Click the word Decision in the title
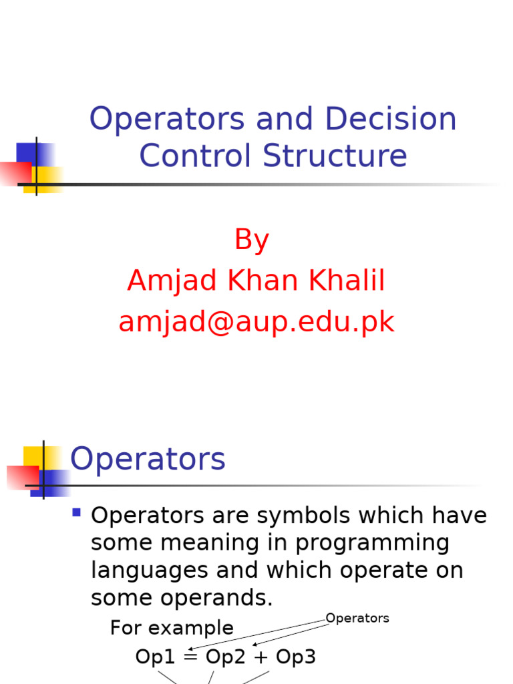[x=391, y=119]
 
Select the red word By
[x=252, y=240]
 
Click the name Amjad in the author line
[x=172, y=281]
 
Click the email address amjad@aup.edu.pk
[x=256, y=323]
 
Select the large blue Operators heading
[x=148, y=460]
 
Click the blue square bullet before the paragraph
[x=76, y=513]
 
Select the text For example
[x=172, y=628]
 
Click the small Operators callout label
[x=357, y=619]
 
